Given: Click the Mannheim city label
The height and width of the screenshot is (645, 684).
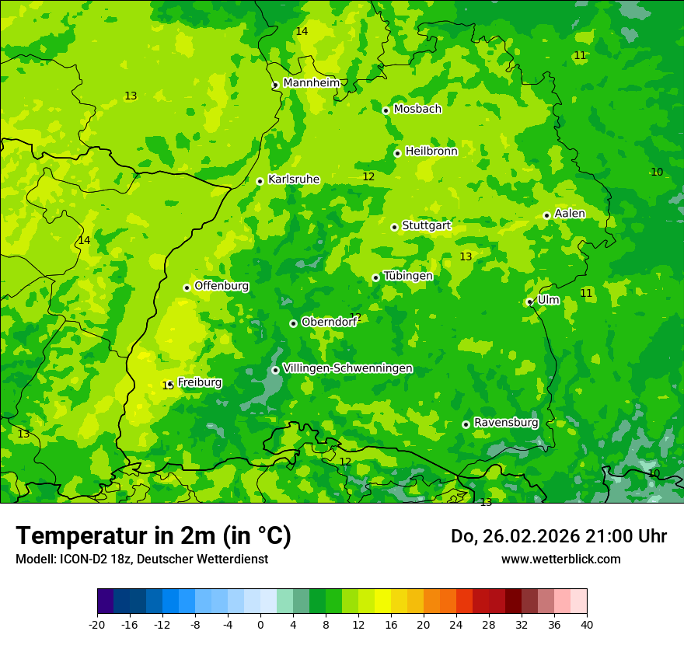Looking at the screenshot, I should (311, 82).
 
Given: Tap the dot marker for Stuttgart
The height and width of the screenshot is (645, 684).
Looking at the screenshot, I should (394, 227).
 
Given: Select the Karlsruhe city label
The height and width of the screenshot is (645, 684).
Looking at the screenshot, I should (293, 179).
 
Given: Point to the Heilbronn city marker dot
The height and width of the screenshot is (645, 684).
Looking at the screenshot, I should (397, 153).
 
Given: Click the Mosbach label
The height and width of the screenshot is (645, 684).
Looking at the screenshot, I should (417, 109).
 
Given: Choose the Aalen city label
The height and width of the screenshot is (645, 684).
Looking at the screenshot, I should (570, 213).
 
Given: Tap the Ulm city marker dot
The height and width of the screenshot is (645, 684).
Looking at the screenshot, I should (529, 302).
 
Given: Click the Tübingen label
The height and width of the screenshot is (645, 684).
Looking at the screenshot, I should (407, 275).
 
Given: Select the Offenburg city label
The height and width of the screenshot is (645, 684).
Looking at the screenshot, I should (222, 285).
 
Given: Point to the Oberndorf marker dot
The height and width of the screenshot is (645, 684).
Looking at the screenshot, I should (293, 323).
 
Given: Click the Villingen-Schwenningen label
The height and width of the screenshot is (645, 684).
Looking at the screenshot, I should (347, 368).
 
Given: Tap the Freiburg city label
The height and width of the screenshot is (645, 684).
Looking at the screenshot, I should (199, 382).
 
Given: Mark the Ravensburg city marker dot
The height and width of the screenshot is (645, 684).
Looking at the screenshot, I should (466, 424).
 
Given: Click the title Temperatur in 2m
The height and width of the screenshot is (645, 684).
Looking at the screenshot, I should (153, 535).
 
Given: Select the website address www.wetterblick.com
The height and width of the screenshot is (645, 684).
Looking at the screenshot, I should (560, 559).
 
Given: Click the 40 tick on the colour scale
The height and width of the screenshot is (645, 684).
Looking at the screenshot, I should (586, 624).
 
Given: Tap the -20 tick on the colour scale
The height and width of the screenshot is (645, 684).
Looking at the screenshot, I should (97, 624).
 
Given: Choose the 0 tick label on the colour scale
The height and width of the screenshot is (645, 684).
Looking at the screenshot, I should (260, 624).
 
